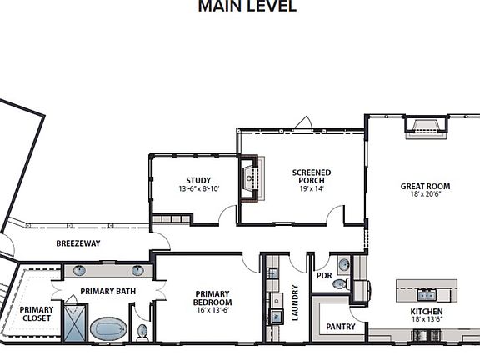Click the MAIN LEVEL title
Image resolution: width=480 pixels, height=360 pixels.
[246, 7]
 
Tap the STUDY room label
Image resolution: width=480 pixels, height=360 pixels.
[198, 180]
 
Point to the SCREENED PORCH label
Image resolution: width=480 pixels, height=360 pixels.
[311, 177]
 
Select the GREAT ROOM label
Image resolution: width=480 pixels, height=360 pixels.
[425, 186]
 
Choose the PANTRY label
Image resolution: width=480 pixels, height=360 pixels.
[341, 326]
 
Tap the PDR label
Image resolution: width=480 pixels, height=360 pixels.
[324, 276]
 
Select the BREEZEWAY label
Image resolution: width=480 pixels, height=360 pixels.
[77, 243]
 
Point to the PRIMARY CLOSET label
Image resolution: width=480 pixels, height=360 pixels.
[36, 313]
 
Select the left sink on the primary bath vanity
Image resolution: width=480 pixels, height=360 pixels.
[79, 270]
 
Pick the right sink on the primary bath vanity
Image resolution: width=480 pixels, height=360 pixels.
[137, 270]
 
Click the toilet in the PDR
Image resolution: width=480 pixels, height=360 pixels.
[339, 284]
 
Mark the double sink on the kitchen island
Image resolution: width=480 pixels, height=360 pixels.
[426, 293]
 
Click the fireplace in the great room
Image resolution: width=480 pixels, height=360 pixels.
[426, 125]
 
